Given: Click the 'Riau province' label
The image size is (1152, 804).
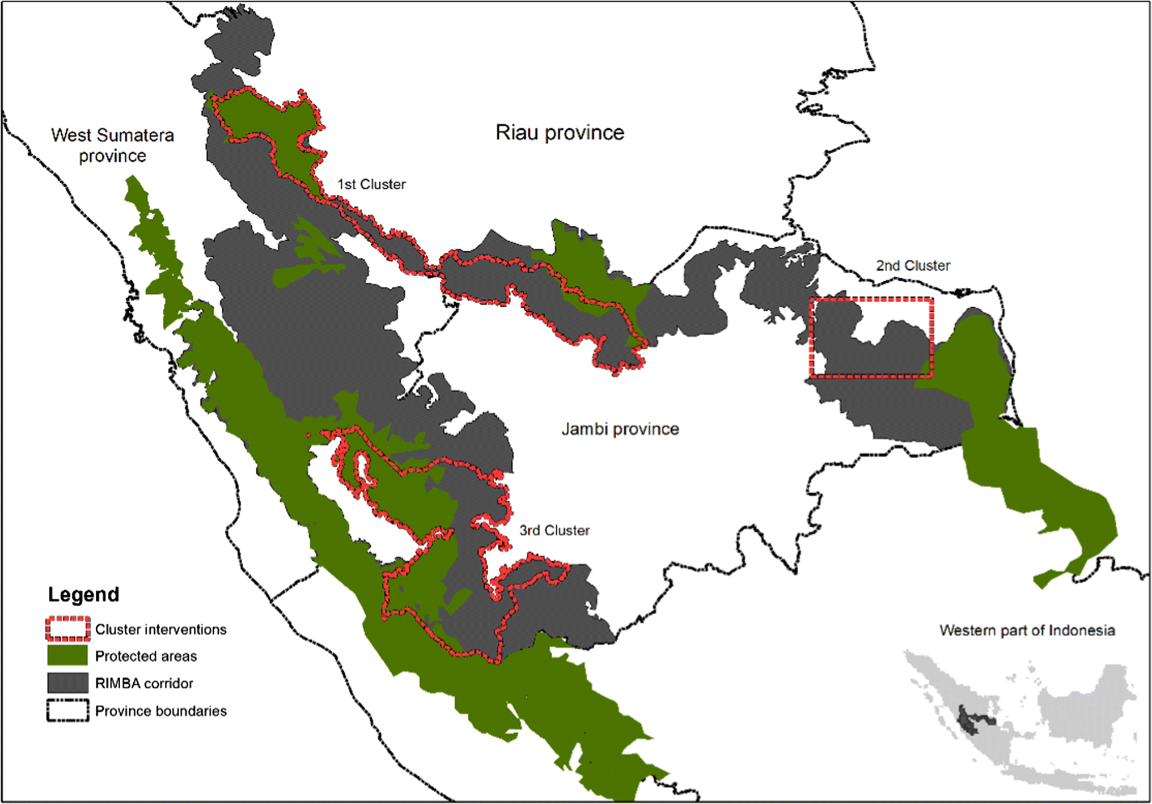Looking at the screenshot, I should (560, 133).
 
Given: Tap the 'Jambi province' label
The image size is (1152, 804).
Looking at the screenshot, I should (620, 429).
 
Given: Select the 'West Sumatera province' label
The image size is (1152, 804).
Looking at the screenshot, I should (112, 145).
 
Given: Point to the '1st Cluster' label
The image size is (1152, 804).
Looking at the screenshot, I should (371, 184).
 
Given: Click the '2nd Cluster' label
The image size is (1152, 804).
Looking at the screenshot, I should (913, 265).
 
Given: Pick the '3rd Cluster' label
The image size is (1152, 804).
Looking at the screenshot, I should (554, 530).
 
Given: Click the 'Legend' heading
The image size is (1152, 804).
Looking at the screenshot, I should (83, 594).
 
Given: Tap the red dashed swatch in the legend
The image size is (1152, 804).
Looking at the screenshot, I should (68, 629).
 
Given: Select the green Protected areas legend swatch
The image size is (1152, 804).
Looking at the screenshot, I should (67, 655).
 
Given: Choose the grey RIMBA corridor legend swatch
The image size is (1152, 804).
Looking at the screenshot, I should (67, 683).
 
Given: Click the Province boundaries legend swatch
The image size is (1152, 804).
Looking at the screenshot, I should (67, 710).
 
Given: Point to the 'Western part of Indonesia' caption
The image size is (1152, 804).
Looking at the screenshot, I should (1027, 630).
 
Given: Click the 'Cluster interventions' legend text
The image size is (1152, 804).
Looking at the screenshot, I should (160, 629).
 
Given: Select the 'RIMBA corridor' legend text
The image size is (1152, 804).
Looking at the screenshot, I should (144, 683).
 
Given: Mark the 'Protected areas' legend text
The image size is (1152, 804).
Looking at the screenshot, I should (146, 656).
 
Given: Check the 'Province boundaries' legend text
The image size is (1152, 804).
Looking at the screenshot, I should (160, 711).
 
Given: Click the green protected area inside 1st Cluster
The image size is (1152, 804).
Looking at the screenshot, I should (266, 119).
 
